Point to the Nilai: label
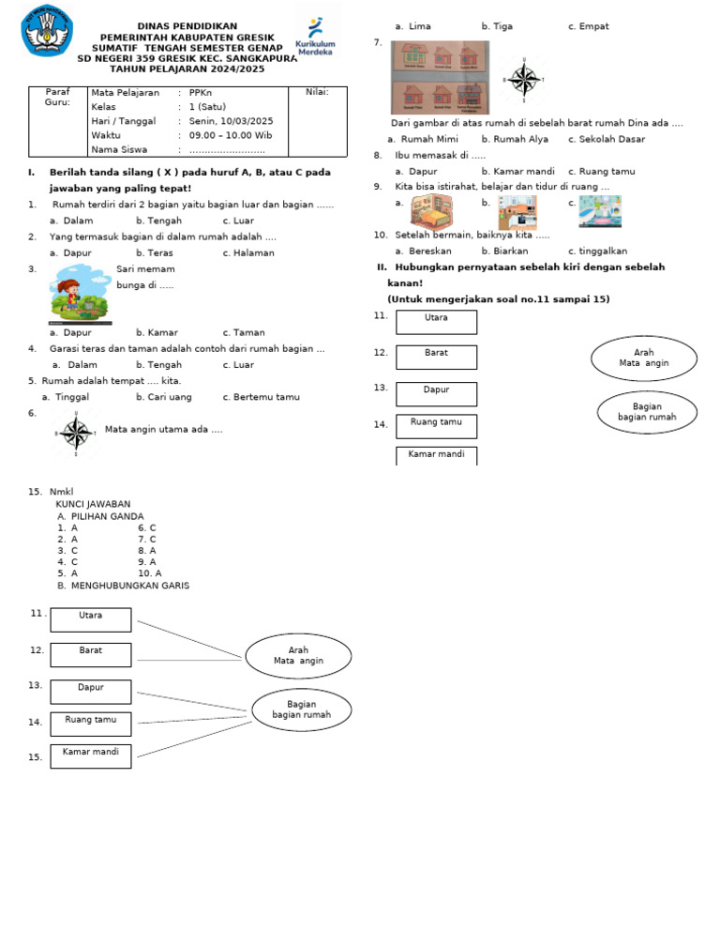click(317, 92)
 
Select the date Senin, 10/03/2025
click(231, 121)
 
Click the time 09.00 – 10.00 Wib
click(231, 135)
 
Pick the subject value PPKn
click(201, 93)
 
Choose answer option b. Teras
click(154, 252)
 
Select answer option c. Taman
click(244, 332)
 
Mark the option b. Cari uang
click(163, 397)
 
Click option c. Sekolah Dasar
click(606, 139)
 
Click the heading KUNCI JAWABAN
click(93, 504)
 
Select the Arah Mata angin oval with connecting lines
click(298, 655)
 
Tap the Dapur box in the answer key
click(91, 688)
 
